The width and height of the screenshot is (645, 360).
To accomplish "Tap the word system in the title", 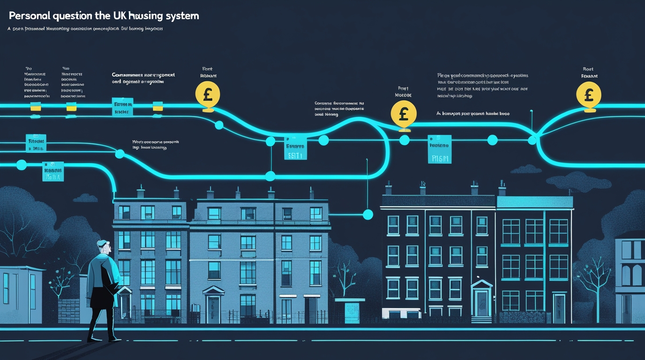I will [x=183, y=15].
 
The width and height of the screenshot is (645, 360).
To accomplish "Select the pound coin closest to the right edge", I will [x=589, y=96].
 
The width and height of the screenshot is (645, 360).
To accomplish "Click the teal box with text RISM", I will [x=439, y=150].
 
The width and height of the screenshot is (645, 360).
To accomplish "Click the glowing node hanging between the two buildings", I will [x=368, y=215].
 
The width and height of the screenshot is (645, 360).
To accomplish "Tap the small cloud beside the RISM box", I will [x=526, y=169].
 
